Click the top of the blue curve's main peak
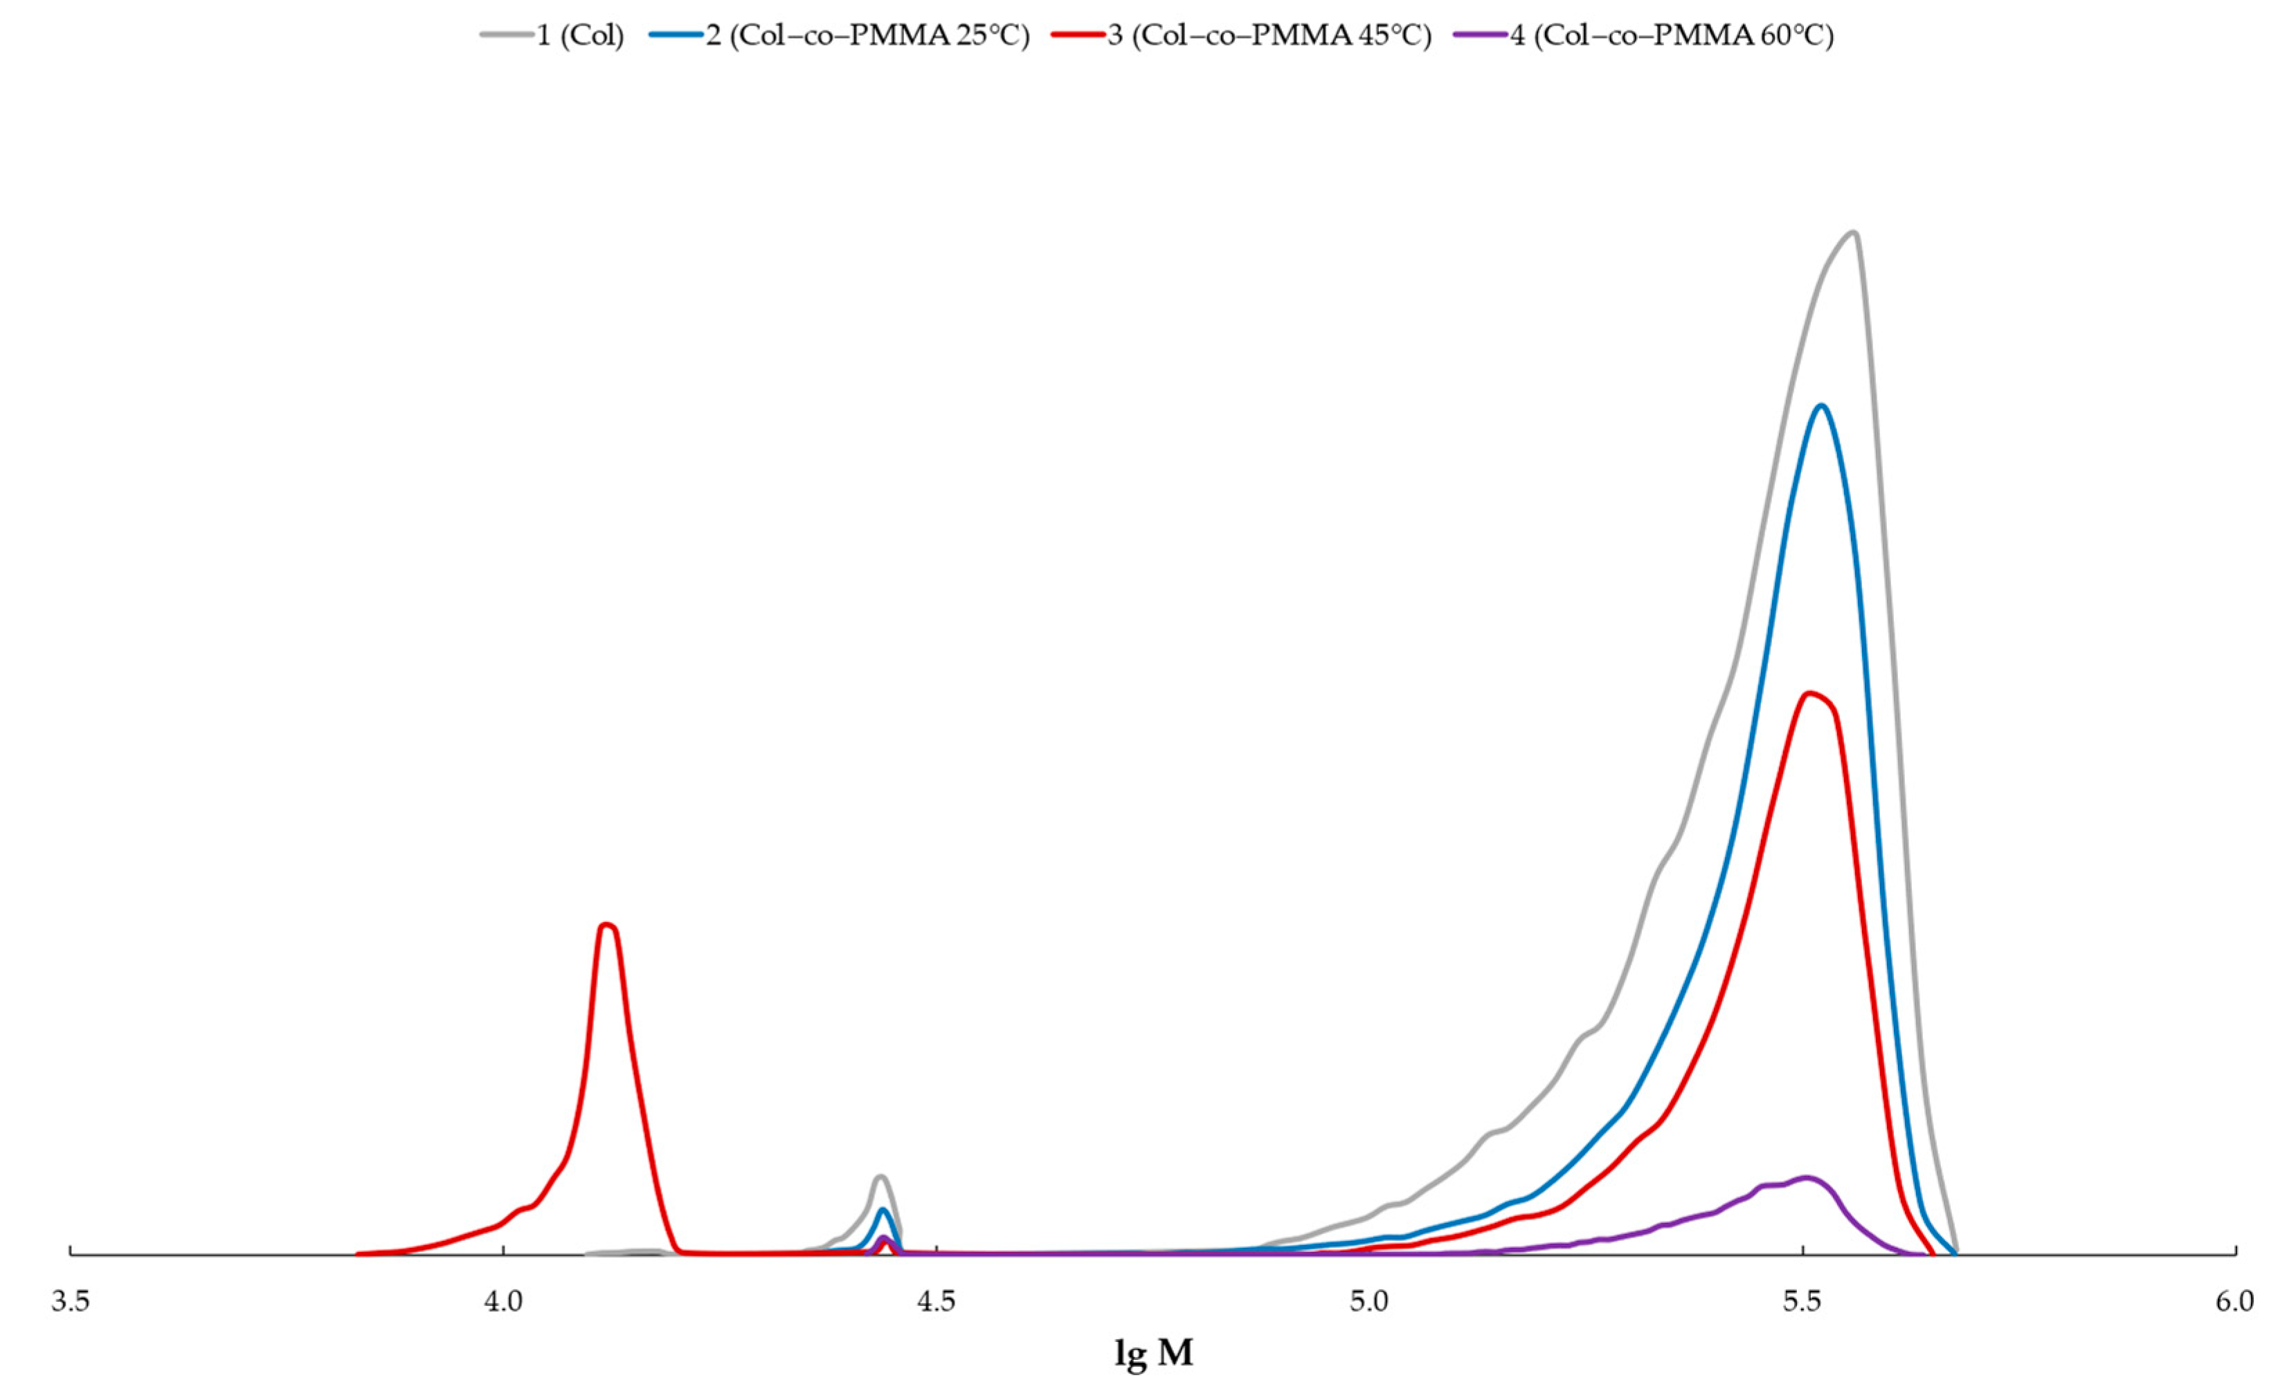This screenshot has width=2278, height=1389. click(x=1821, y=406)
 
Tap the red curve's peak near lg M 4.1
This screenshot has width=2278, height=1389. click(x=606, y=924)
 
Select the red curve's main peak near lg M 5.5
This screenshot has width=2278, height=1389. click(x=1810, y=693)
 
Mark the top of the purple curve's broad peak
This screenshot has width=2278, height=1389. click(x=1805, y=1177)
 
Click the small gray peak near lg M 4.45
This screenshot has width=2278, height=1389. click(x=881, y=1177)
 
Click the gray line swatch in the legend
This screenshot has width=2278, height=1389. click(x=507, y=36)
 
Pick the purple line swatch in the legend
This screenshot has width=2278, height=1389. click(x=1480, y=36)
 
